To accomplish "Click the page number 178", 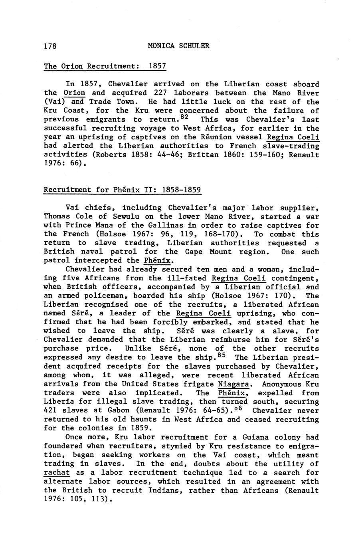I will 50,46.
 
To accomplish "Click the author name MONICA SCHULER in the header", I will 178,46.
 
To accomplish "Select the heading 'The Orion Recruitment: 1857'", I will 105,66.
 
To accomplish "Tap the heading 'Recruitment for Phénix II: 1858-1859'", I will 122,190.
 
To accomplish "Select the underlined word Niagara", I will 233,384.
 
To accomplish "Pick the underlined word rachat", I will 57,473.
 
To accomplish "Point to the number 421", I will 50,410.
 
